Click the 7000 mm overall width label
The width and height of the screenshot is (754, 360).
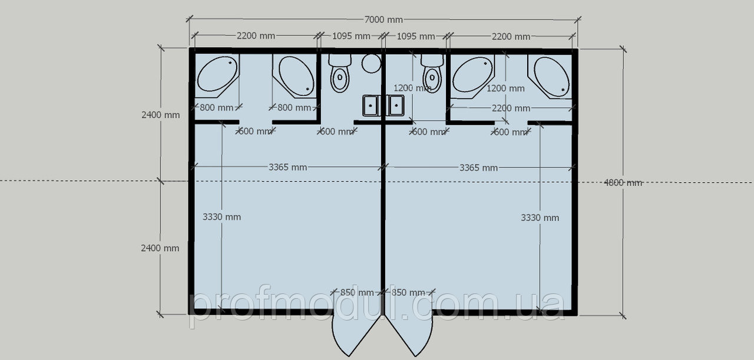coord(383,19)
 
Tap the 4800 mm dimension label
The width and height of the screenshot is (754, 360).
coord(623,183)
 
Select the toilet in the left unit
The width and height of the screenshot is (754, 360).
coord(340,73)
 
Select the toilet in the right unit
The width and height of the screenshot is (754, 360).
coord(432,73)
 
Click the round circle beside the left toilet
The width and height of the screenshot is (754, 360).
coord(371,63)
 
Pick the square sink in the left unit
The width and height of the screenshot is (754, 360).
coord(371,105)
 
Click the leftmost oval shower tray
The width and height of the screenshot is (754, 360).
coord(217,74)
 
